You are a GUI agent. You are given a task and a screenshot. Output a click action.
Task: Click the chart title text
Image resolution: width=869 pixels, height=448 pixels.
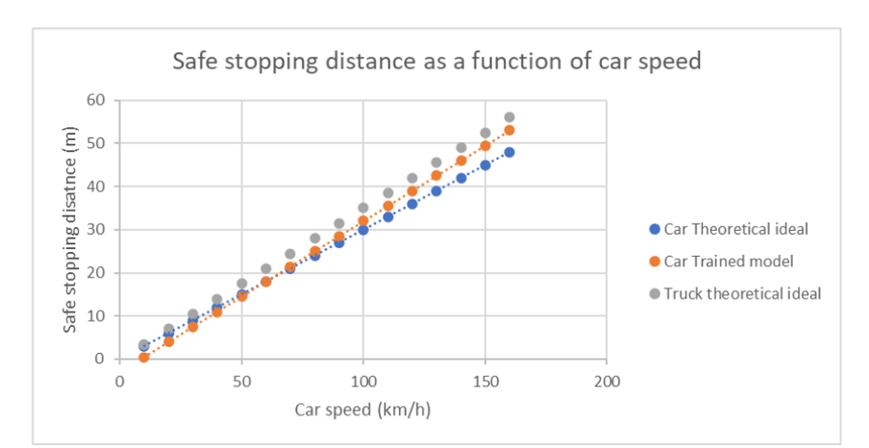tap(436, 62)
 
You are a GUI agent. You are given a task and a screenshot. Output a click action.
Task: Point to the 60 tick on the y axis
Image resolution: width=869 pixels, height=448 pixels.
tap(94, 100)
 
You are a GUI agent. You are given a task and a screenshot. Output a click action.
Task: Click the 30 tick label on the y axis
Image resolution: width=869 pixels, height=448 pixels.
tap(94, 230)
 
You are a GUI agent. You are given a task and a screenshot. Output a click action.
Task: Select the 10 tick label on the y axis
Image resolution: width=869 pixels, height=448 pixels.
tap(94, 316)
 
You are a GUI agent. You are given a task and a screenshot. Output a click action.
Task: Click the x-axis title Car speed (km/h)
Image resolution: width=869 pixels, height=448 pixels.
tap(362, 410)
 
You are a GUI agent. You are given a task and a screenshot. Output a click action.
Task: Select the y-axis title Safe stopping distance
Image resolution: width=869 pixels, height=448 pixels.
tap(70, 229)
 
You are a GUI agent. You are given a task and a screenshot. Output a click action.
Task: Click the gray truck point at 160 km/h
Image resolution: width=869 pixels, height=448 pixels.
tap(509, 117)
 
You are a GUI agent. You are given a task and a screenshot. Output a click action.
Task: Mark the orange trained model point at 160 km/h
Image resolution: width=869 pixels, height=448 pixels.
tap(509, 130)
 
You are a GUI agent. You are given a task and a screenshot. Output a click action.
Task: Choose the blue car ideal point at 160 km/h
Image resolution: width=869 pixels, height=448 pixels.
tap(509, 152)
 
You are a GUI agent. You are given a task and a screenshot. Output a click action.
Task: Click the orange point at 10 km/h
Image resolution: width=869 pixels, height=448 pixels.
tap(144, 358)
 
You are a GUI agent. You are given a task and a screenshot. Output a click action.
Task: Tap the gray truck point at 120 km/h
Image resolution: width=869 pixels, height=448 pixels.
tap(412, 178)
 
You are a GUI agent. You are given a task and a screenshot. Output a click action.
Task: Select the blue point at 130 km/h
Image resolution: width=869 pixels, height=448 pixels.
tap(436, 190)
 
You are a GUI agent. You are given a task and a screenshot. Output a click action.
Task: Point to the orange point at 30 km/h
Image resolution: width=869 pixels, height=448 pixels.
tap(192, 327)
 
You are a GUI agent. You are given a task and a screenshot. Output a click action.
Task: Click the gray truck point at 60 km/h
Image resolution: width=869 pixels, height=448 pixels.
tap(266, 269)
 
